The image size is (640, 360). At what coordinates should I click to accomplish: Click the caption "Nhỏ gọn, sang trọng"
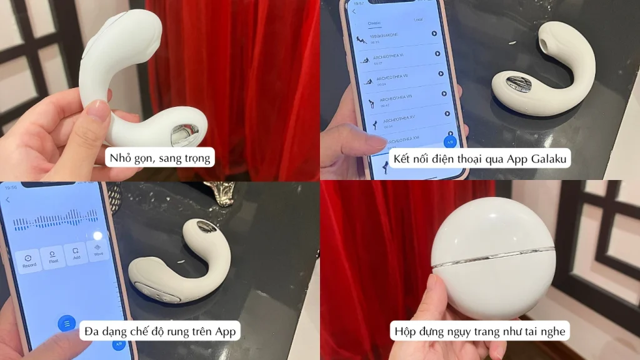point(160,157)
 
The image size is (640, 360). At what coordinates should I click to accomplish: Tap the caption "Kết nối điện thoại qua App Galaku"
point(481,157)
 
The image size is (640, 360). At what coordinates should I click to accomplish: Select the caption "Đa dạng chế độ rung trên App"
point(160,329)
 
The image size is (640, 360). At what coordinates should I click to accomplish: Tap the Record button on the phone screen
point(29,259)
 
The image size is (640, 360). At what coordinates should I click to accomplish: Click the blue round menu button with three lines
point(66,323)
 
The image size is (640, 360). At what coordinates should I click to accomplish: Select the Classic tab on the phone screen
point(374,23)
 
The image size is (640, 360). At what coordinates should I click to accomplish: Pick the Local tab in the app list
point(418,20)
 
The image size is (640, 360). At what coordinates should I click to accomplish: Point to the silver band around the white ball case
point(494,261)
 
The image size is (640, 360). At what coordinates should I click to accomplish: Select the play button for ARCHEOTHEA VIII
point(444,94)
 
